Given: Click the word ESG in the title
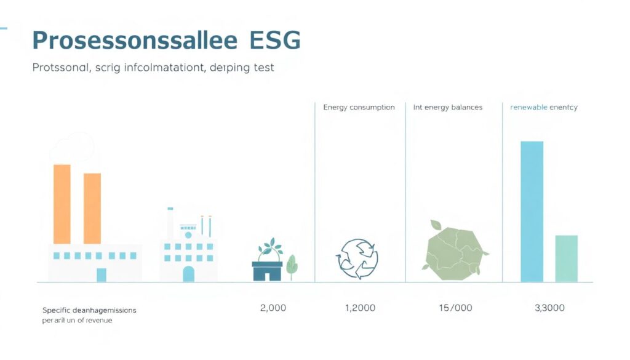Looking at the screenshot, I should pos(275,41).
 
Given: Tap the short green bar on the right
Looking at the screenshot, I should pos(566,258).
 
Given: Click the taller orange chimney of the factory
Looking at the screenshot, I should pos(62,204).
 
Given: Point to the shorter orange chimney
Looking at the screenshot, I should pos(92,208).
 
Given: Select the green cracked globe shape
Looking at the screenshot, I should pos(454,249).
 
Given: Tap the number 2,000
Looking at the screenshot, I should pos(273,308).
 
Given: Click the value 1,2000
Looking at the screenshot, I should pos(360,308).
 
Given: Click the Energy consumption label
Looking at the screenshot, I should pos(359,107).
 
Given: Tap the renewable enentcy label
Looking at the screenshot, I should pos(544,107).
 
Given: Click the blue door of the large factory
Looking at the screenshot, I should pos(101,275).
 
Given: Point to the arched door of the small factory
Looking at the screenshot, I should pos(188,274).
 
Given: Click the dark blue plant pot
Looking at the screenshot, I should pos(267,271).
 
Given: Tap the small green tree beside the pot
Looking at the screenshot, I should pos(292,265).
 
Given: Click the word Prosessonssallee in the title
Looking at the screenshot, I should pos(134,41).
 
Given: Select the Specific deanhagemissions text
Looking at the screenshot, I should pos(89,310).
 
